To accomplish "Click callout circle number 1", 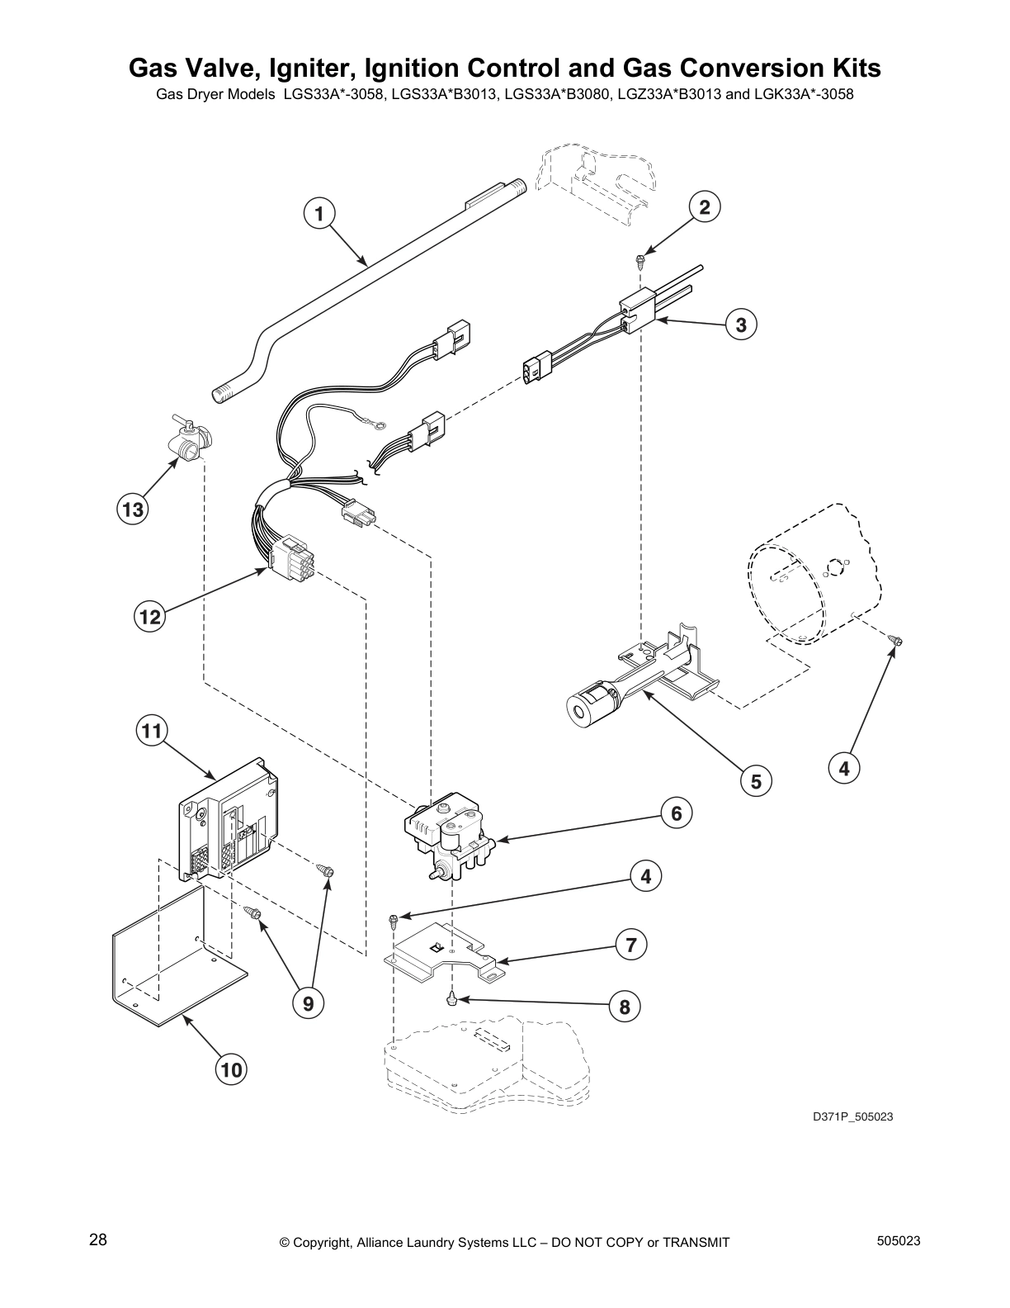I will [319, 213].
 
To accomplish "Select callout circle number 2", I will [705, 207].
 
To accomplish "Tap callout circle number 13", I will [133, 509].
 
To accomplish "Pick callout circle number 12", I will [149, 616].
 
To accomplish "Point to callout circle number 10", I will [231, 1070].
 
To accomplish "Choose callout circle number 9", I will [308, 1003].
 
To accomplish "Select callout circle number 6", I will [676, 813].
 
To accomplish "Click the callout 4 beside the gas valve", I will [646, 876].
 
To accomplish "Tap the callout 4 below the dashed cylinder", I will [843, 769].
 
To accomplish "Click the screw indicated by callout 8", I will [451, 998].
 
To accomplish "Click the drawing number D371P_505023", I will [852, 1117].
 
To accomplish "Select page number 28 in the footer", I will [97, 1240].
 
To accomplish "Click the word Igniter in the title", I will [300, 69].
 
